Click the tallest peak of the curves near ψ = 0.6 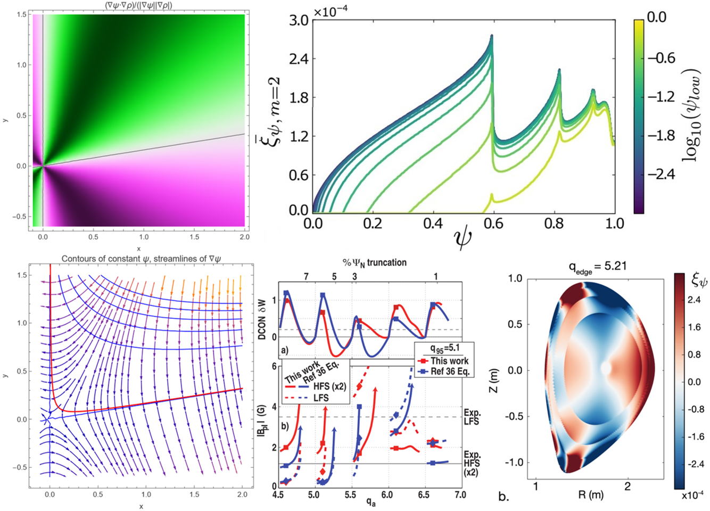coord(492,36)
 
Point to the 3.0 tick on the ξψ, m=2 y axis coord(300,20)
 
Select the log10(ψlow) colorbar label coord(692,115)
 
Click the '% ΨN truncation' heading coord(375,262)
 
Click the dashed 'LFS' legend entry coord(321,398)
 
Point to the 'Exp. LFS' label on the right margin coord(472,417)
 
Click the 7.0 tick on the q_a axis coord(460,495)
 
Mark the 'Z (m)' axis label coord(510,370)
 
